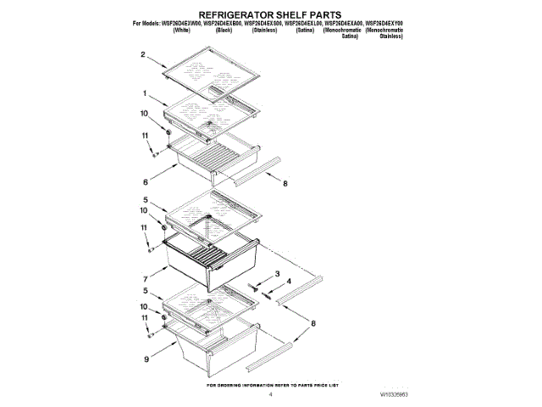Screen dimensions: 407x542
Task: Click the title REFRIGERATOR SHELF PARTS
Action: (x=270, y=15)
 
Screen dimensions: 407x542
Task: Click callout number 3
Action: (x=278, y=272)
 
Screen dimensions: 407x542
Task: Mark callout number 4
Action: (x=289, y=281)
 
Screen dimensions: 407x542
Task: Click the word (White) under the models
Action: (x=181, y=30)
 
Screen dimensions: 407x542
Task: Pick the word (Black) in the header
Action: (x=224, y=30)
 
